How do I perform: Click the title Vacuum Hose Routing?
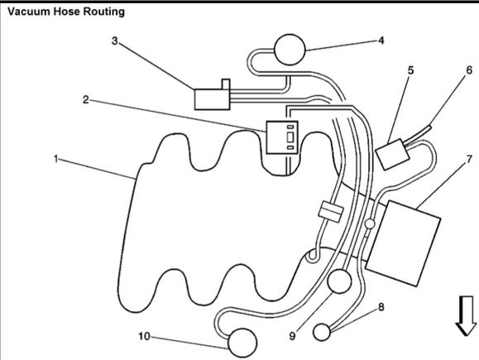click(x=66, y=12)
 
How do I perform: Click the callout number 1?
click(x=55, y=159)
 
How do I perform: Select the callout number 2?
click(x=86, y=99)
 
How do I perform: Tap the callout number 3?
click(x=114, y=41)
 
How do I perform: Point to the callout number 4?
click(x=381, y=41)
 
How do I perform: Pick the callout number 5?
click(x=411, y=70)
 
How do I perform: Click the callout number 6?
click(x=469, y=70)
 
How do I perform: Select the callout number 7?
click(x=469, y=159)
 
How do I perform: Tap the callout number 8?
click(x=381, y=307)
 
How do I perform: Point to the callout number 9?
click(x=292, y=336)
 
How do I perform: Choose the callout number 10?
click(x=145, y=336)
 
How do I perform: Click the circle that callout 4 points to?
click(x=290, y=50)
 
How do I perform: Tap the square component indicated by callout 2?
click(x=282, y=137)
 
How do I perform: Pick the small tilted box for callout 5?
click(x=392, y=154)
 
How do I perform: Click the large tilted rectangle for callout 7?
click(x=403, y=243)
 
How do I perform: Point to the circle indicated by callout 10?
click(x=242, y=343)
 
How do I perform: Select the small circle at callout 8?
click(x=322, y=332)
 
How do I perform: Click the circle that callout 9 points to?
click(x=339, y=281)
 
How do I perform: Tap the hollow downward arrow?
click(x=466, y=316)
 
